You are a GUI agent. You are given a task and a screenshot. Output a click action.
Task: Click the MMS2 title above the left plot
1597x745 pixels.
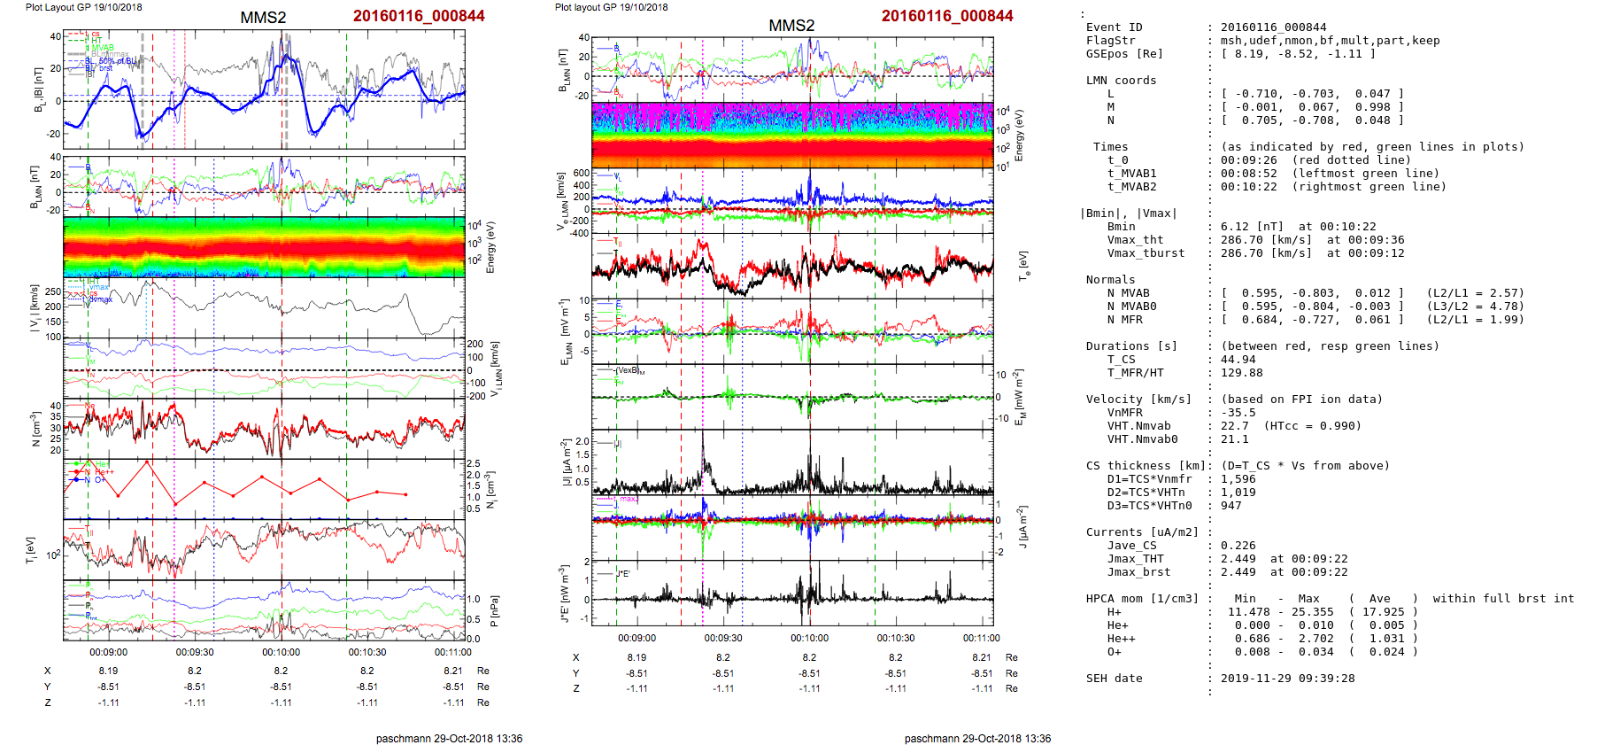click(263, 18)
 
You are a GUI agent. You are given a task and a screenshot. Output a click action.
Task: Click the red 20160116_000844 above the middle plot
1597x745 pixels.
click(947, 16)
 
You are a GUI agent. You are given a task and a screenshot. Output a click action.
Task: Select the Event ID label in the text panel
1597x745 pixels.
click(1114, 27)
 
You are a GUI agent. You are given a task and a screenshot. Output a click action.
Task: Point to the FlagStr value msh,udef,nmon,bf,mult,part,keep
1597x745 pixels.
click(1330, 41)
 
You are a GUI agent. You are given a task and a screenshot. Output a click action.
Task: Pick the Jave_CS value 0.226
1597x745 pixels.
click(1238, 546)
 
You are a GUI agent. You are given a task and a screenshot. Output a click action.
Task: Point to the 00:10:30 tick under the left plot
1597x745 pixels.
click(367, 652)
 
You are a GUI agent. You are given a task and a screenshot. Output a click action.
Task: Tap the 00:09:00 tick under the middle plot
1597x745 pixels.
click(636, 638)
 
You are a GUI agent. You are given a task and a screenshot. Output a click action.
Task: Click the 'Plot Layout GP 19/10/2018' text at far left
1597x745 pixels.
click(84, 7)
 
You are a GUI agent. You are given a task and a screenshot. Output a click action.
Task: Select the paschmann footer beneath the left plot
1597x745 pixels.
click(449, 738)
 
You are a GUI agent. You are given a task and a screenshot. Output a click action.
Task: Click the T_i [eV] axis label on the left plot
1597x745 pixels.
click(32, 549)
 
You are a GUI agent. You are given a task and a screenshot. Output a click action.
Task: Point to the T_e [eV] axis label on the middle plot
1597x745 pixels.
click(1024, 265)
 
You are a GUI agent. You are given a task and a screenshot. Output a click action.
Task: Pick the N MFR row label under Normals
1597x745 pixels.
click(1124, 320)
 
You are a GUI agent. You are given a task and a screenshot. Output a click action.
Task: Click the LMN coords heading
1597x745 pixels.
click(1121, 81)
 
